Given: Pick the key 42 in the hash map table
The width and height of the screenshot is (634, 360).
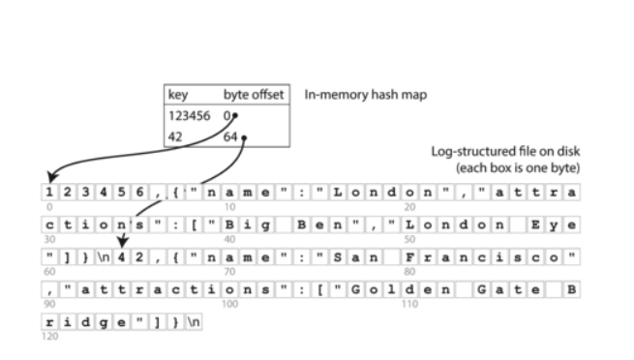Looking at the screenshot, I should [x=174, y=136].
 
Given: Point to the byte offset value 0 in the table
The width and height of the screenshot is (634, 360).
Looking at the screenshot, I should [x=227, y=116].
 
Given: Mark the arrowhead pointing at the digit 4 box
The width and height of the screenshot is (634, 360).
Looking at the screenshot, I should [x=122, y=249].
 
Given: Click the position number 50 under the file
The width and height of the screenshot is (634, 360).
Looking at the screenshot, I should [x=410, y=239].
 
